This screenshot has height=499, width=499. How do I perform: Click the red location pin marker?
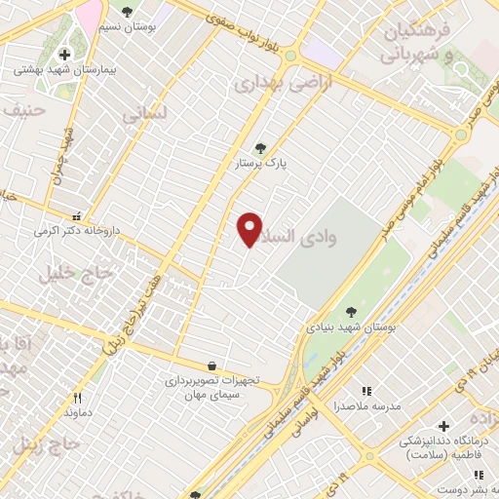point(250,229)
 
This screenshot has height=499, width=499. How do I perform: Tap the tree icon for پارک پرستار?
point(260,148)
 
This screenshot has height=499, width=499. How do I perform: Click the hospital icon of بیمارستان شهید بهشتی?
point(65,55)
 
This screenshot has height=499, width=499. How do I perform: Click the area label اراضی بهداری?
point(270,85)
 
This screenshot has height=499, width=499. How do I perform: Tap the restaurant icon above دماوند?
point(78,397)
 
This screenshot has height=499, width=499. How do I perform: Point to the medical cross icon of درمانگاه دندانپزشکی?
point(444,426)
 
